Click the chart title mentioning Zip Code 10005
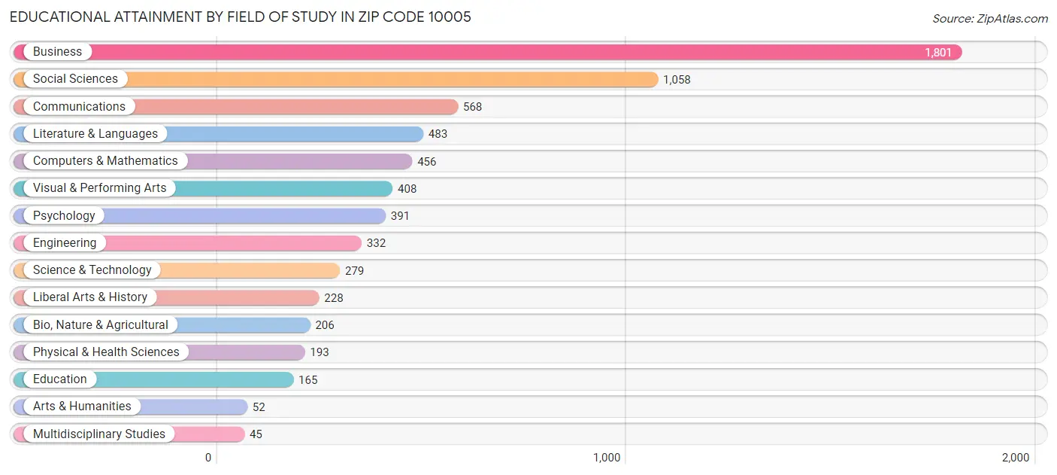(241, 17)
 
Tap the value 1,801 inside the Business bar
(937, 53)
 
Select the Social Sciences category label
(75, 79)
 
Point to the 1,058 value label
(677, 80)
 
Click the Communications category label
(79, 106)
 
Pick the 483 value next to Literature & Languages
(438, 134)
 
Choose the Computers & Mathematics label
(105, 161)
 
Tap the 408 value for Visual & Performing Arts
(407, 189)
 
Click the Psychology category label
(64, 215)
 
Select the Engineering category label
(65, 243)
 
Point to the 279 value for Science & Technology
(354, 270)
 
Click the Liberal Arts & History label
(90, 297)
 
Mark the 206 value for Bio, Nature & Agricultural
(325, 325)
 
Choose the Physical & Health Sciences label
(106, 352)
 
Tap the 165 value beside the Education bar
(307, 380)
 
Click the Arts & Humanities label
(82, 406)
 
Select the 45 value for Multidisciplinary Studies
(256, 434)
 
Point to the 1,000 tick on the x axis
(606, 458)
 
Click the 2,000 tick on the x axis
(1015, 458)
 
